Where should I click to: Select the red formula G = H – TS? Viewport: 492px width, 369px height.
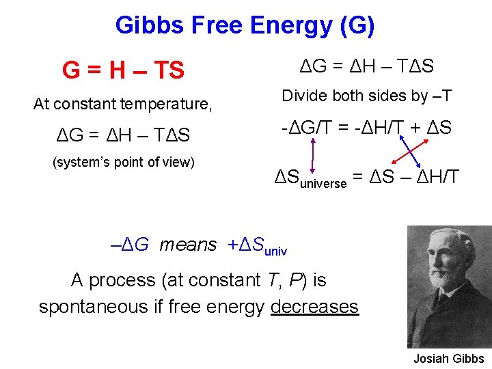123,70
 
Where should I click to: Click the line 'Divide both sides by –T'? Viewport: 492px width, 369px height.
367,96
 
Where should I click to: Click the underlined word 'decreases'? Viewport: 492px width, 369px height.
314,306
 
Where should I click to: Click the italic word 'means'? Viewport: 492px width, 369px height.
188,244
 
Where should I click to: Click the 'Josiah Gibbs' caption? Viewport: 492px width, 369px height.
448,359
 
